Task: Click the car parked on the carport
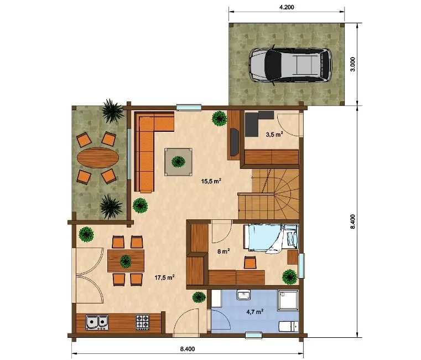click(290, 65)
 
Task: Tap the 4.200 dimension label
click(287, 7)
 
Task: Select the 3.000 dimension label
click(353, 64)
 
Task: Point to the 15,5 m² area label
click(211, 181)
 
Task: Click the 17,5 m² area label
click(165, 277)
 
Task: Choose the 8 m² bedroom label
click(224, 251)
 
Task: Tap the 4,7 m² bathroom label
click(255, 312)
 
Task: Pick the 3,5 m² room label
click(274, 134)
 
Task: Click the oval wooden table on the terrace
click(98, 158)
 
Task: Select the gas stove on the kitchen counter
click(142, 322)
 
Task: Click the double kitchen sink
click(97, 322)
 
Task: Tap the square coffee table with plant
click(179, 162)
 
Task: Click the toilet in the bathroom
click(289, 326)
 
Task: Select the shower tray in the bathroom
click(288, 300)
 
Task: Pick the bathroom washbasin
click(243, 295)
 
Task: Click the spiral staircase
click(269, 194)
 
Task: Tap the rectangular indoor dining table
click(126, 261)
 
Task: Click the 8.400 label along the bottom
click(188, 349)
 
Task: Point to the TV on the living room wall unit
click(235, 142)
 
